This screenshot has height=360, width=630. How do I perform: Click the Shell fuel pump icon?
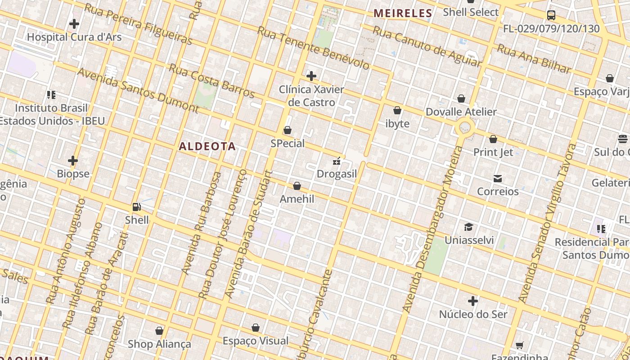click(137, 207)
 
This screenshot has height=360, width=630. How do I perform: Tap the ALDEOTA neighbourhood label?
click(207, 146)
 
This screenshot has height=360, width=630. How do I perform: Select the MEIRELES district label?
click(403, 13)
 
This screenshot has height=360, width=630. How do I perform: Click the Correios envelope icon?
click(498, 179)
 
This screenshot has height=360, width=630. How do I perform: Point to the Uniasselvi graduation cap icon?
click(468, 227)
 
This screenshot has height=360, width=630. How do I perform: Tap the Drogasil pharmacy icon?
click(337, 161)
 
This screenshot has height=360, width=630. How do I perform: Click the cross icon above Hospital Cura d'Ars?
click(74, 24)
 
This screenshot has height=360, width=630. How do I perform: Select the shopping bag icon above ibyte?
click(397, 110)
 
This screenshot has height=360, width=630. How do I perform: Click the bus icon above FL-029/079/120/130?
click(551, 15)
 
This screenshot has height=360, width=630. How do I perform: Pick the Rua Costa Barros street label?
click(212, 81)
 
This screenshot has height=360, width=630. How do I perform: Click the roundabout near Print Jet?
click(465, 128)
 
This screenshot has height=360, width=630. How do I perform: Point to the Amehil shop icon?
click(297, 186)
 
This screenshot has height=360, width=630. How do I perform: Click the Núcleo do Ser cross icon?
click(473, 301)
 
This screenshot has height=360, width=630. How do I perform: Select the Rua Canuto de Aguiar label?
click(427, 46)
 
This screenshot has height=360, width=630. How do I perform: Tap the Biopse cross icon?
click(73, 161)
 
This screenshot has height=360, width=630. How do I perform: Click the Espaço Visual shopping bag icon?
click(256, 328)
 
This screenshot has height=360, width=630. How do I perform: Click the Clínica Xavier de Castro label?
click(311, 96)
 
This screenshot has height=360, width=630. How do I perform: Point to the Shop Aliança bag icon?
click(159, 331)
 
